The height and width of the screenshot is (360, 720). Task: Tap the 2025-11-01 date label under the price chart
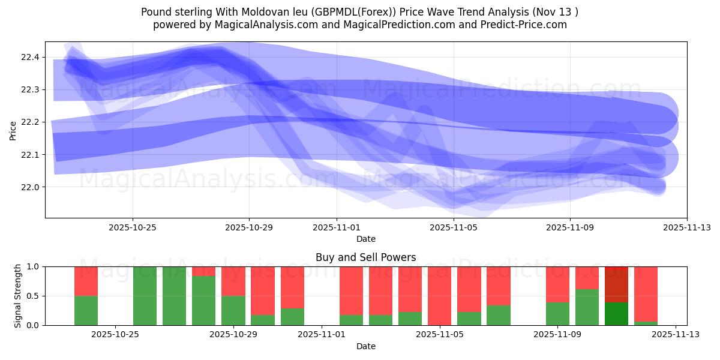coord(337,227)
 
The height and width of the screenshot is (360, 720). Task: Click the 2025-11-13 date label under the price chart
coord(687,227)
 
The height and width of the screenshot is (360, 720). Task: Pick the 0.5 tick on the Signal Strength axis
coord(32,296)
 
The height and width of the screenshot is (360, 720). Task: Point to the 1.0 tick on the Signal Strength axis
coord(32,266)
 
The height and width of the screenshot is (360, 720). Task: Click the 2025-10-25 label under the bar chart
coord(115,335)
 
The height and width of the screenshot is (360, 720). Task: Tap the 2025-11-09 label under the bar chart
coord(557,335)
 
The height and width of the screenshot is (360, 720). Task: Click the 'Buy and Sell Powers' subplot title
coord(365,257)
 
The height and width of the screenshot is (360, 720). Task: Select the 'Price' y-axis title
coord(13,130)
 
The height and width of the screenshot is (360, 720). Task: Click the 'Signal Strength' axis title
coord(17,296)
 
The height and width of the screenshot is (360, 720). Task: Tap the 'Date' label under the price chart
coord(365,239)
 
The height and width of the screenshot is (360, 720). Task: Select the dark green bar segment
coord(616,313)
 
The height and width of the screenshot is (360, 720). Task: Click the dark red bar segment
coord(616,284)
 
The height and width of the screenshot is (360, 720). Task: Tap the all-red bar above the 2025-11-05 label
coord(439,296)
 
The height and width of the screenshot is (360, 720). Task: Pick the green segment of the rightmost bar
coord(646,323)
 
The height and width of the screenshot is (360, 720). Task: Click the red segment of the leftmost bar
coord(86,281)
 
